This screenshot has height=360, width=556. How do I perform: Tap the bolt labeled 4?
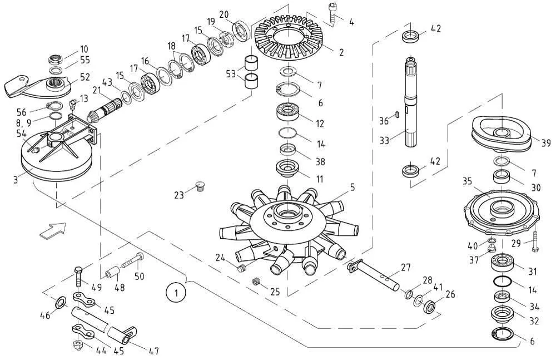point(332,14)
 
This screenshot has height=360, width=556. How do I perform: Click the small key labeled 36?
point(398,114)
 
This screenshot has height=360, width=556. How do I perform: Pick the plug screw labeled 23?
point(200,187)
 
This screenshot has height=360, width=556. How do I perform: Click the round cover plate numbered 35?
point(502,211)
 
